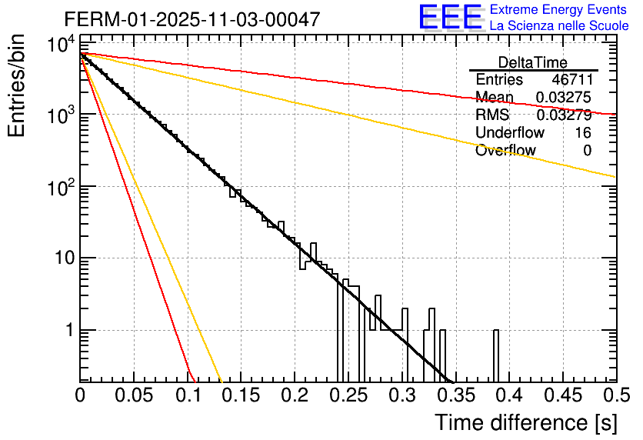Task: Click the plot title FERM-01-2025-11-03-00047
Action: pyautogui.click(x=192, y=19)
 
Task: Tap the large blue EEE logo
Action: pyautogui.click(x=450, y=18)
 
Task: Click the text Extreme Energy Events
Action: pyautogui.click(x=559, y=10)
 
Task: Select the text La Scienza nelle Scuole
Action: pyautogui.click(x=559, y=26)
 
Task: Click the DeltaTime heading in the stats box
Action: pyautogui.click(x=533, y=62)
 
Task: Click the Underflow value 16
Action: pyautogui.click(x=583, y=133)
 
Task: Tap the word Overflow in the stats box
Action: pyautogui.click(x=505, y=151)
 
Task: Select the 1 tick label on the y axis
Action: pyautogui.click(x=68, y=331)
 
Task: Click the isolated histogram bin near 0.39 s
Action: pyautogui.click(x=496, y=354)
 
